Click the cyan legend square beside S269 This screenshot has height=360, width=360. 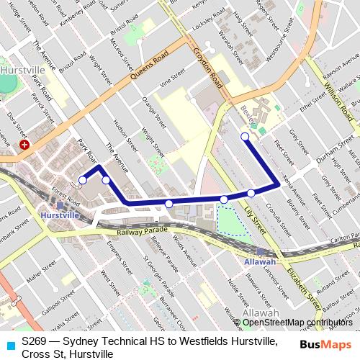point(9,346)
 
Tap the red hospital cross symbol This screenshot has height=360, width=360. point(24,145)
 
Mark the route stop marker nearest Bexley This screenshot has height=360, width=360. point(245,136)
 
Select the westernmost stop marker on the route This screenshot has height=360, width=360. point(83,180)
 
